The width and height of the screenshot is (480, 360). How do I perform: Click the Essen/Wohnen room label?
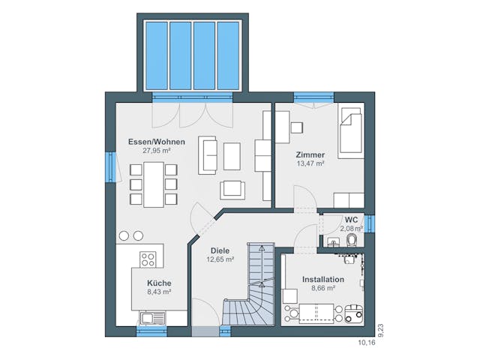coord(157,142)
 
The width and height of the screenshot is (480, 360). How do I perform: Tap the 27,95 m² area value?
coord(157,151)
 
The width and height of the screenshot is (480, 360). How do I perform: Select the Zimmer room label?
coord(310,155)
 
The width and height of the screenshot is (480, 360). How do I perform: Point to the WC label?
coord(351,220)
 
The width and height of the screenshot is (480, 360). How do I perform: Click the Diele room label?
coord(220,250)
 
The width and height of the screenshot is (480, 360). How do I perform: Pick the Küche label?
coord(159,283)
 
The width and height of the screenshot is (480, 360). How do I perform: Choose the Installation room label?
coord(323,280)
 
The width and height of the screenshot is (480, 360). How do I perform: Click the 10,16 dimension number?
coord(367,343)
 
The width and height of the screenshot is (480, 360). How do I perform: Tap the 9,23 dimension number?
coord(381,331)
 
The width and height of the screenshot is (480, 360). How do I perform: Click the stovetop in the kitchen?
coord(148,259)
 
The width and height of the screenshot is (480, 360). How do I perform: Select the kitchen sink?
coord(152,318)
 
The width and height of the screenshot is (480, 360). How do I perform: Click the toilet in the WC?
coord(352,240)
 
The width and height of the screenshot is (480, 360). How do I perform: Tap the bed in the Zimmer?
coord(351,133)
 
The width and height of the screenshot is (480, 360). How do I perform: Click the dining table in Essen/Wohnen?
coord(154,184)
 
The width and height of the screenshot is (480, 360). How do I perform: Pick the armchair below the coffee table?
coord(232,190)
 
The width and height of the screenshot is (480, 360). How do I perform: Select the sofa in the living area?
coord(208,155)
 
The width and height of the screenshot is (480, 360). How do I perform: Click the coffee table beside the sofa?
coord(232,156)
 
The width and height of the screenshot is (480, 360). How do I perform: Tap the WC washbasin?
coord(333,241)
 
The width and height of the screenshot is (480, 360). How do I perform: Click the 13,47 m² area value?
coord(310,163)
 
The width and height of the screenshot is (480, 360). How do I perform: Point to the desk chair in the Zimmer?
coord(297,127)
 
